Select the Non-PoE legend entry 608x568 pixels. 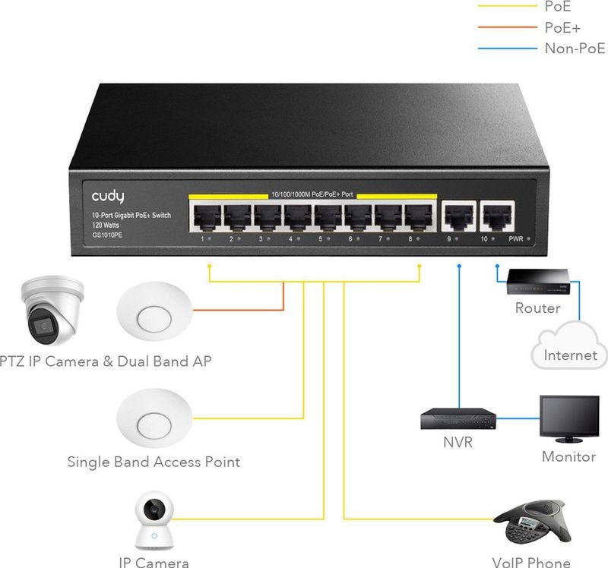point(575,49)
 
